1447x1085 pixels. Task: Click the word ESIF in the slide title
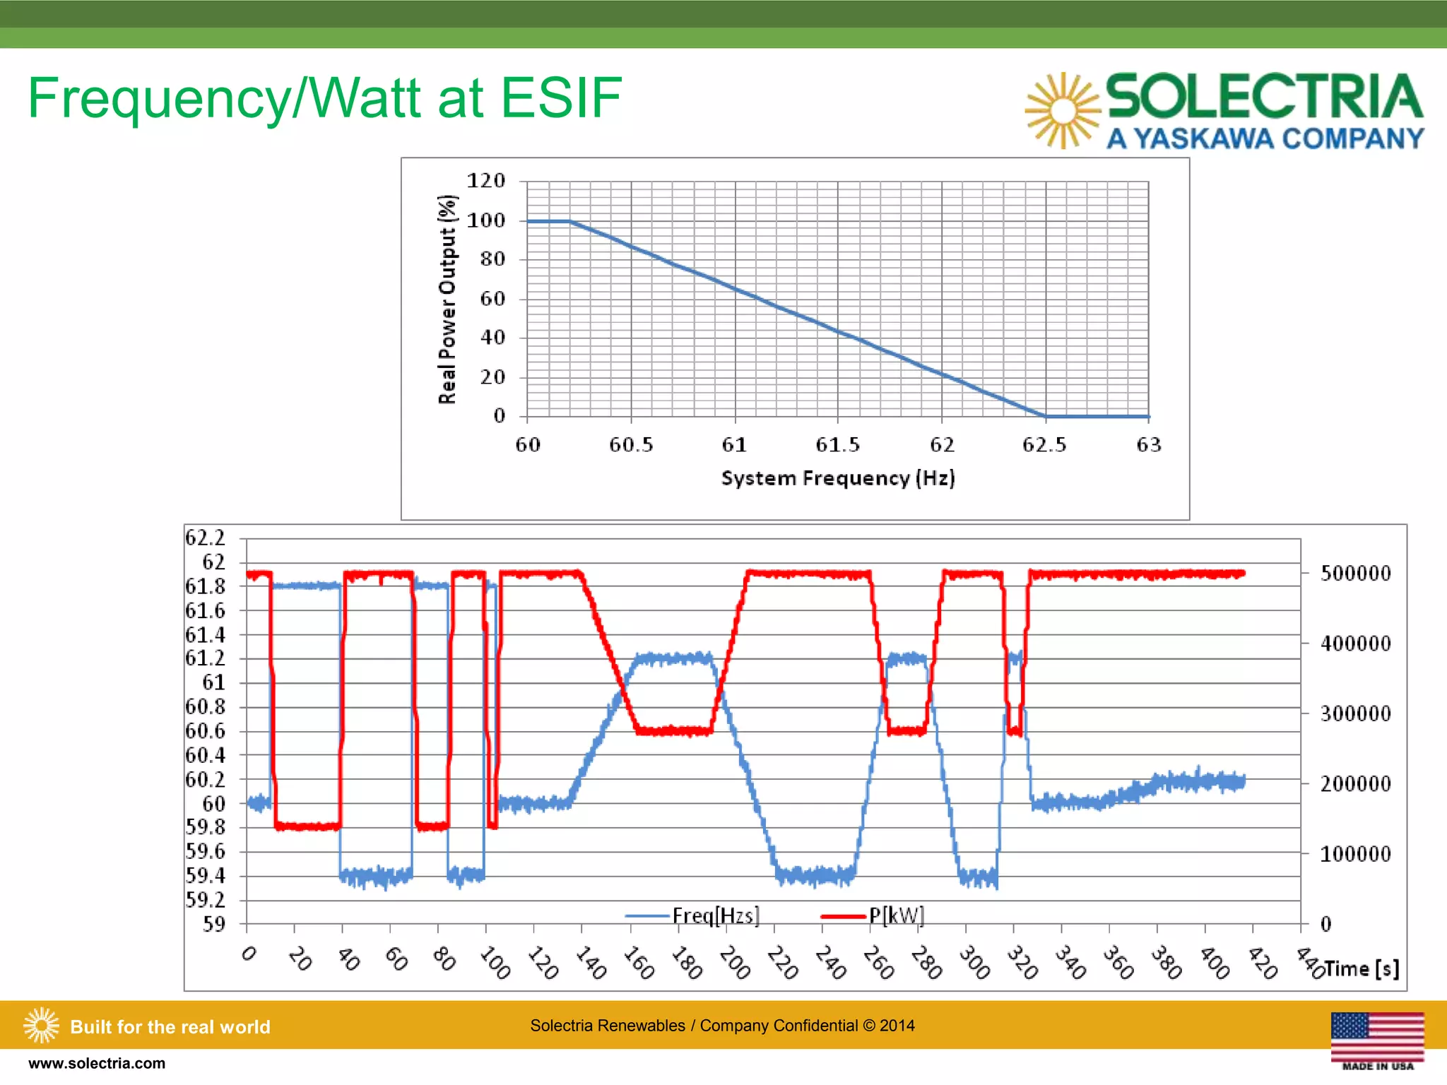tap(561, 97)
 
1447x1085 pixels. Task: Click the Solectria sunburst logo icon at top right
tap(1062, 111)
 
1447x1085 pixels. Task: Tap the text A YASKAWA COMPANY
tap(1265, 138)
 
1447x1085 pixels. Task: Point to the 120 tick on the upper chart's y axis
tap(486, 181)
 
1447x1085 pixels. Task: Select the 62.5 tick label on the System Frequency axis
tap(1044, 444)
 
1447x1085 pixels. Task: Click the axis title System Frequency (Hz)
tap(838, 478)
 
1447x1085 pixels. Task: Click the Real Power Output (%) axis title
tap(447, 299)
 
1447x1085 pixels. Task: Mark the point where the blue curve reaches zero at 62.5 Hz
tap(1046, 416)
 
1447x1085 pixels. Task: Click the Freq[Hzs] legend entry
tap(715, 915)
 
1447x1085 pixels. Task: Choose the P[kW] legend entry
tap(896, 915)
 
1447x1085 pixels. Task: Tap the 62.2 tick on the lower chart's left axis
tap(205, 538)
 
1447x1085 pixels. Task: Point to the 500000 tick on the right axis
tap(1355, 573)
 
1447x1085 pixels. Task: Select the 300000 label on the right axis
tap(1355, 713)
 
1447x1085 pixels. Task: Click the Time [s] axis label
tap(1361, 968)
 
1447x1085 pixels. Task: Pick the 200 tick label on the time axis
tap(734, 963)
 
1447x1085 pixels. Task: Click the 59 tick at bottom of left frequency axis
tap(214, 924)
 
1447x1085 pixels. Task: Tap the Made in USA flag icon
tap(1377, 1038)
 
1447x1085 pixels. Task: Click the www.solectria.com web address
tap(97, 1063)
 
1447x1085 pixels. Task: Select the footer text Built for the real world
tap(170, 1026)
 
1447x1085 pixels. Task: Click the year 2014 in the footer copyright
tap(897, 1026)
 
